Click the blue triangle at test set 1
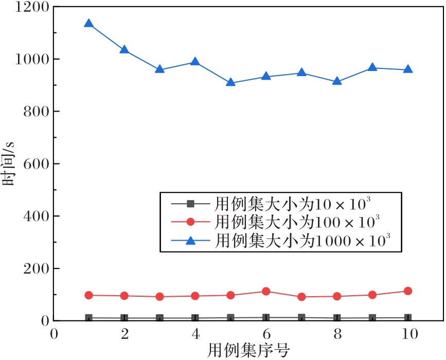click(x=88, y=24)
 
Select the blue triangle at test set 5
click(x=230, y=82)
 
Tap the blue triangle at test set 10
click(x=408, y=69)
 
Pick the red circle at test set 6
click(x=266, y=292)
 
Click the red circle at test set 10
click(x=408, y=291)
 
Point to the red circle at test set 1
click(x=88, y=295)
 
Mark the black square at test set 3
click(x=159, y=318)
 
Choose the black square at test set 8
click(x=337, y=318)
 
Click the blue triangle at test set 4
click(x=195, y=62)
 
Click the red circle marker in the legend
click(x=190, y=222)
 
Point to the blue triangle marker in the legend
click(x=190, y=239)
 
